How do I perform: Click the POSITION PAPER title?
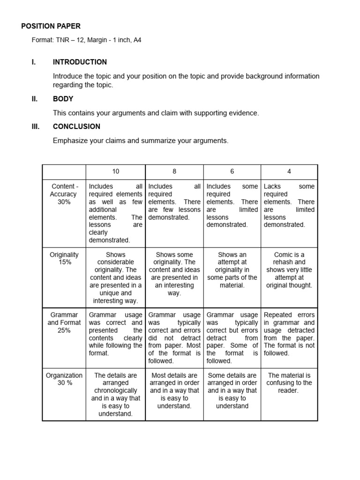(51, 27)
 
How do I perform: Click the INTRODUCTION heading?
(80, 62)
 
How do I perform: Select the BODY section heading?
(63, 99)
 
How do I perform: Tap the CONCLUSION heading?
(76, 127)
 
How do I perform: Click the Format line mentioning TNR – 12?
(86, 40)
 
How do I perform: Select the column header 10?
(115, 172)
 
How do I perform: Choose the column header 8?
(174, 172)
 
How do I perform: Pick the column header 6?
(232, 172)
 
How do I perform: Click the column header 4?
(289, 172)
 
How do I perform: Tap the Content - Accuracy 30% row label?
(64, 194)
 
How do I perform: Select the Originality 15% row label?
(64, 258)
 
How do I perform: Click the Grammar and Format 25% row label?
(64, 322)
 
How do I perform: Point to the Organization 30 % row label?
(64, 379)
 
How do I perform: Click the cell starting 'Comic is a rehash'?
(289, 270)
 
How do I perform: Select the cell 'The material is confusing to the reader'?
(289, 382)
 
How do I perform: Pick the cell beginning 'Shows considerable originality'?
(115, 277)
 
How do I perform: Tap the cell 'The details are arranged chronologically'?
(115, 394)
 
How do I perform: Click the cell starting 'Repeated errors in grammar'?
(289, 334)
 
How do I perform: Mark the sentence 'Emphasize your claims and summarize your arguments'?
(141, 141)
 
